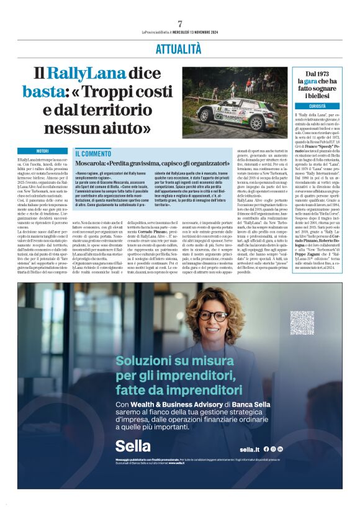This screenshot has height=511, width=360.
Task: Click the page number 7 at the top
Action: tap(179, 24)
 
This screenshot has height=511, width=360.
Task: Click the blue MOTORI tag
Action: tap(42, 151)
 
